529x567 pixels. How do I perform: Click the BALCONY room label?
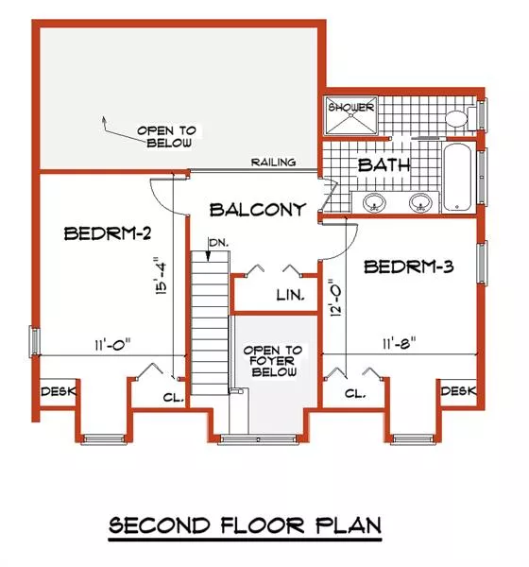[x=258, y=210]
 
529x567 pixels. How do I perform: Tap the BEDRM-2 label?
[x=108, y=233]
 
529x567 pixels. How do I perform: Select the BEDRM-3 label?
[x=409, y=266]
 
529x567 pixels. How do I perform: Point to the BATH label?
[x=384, y=165]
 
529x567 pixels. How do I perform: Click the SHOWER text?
[x=350, y=108]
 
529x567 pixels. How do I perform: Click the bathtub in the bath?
[x=457, y=178]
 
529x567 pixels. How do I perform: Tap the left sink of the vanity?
[x=373, y=202]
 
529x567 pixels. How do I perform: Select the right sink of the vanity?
[x=420, y=202]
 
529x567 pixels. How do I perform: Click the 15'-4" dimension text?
[x=162, y=276]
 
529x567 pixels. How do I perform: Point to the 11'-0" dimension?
[x=112, y=344]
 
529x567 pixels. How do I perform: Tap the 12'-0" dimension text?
[x=336, y=298]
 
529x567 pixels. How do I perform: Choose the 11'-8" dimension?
[x=400, y=343]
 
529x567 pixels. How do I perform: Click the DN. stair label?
[x=219, y=243]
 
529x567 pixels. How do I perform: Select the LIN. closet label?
[x=290, y=296]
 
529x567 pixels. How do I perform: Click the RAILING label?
[x=273, y=162]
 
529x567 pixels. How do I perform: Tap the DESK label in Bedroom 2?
[x=59, y=391]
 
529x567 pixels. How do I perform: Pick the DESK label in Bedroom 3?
[x=459, y=390]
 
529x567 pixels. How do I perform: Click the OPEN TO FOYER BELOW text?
[x=273, y=361]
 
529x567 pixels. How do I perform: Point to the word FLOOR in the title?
[x=263, y=525]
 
